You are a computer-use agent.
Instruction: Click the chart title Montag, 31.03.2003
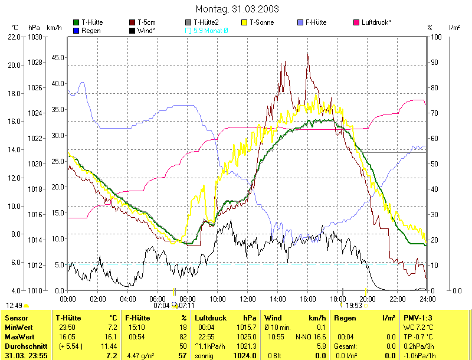[x=236, y=9]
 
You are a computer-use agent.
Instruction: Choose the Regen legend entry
[x=90, y=30]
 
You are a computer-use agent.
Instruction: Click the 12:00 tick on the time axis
[x=248, y=299]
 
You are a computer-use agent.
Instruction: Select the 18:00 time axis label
[x=337, y=299]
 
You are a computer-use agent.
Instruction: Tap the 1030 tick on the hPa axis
[x=35, y=37]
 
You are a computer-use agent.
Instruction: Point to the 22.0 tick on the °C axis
[x=14, y=37]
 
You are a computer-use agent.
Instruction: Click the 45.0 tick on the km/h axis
[x=57, y=58]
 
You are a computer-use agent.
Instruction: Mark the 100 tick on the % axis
[x=437, y=37]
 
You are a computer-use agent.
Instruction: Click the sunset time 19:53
[x=354, y=306]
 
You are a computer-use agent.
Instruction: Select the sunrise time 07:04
[x=162, y=306]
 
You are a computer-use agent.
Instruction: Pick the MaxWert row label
[x=18, y=336]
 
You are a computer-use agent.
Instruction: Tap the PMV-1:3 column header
[x=417, y=318]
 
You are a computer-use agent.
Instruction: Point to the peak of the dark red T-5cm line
[x=308, y=54]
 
